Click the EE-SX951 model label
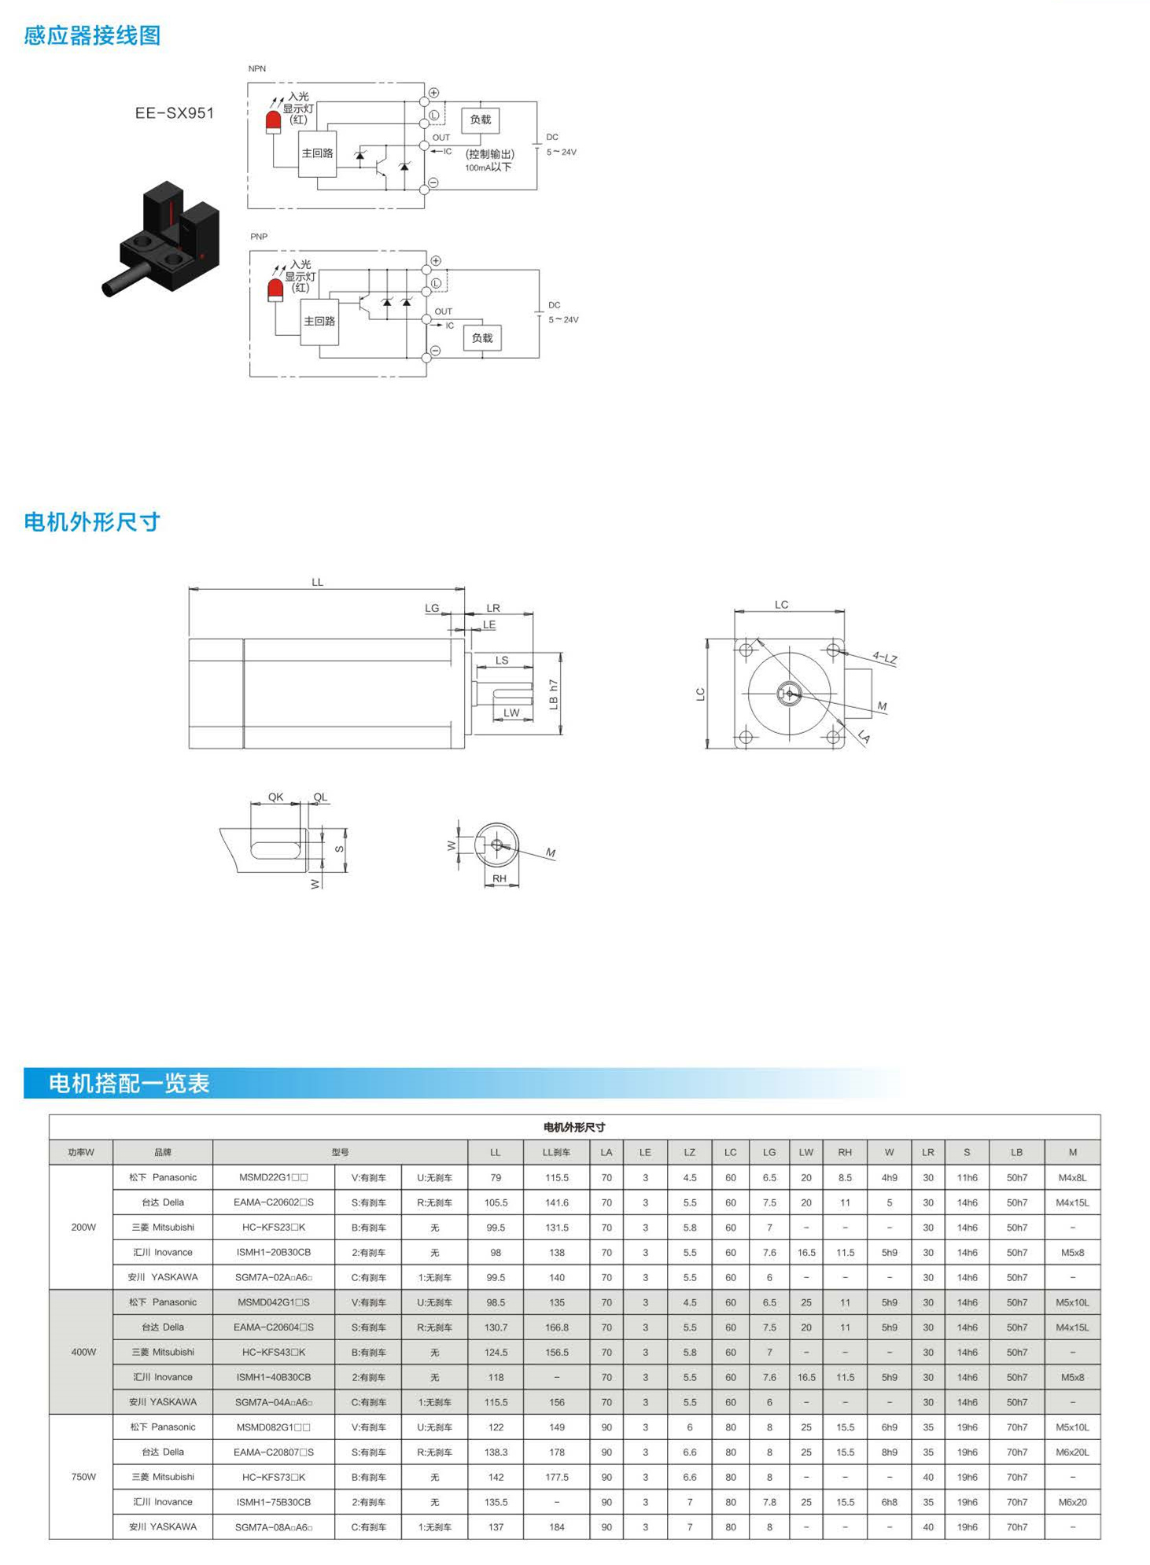pyautogui.click(x=174, y=112)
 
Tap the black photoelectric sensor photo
pyautogui.click(x=161, y=238)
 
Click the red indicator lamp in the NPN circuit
pyautogui.click(x=273, y=122)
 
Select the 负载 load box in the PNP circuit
pyautogui.click(x=481, y=338)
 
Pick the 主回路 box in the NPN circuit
pyautogui.click(x=317, y=153)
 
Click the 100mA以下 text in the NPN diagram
pyautogui.click(x=488, y=168)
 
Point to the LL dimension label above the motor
pyautogui.click(x=317, y=582)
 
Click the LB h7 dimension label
pyautogui.click(x=553, y=694)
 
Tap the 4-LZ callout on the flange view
pyautogui.click(x=885, y=657)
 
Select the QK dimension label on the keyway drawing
pyautogui.click(x=275, y=797)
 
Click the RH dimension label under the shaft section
pyautogui.click(x=499, y=878)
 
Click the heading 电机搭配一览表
pyautogui.click(x=129, y=1083)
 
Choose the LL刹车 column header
pyautogui.click(x=556, y=1152)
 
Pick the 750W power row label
pyautogui.click(x=83, y=1477)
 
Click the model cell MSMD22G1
pyautogui.click(x=273, y=1177)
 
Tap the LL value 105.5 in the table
pyautogui.click(x=496, y=1202)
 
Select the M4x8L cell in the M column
pyautogui.click(x=1072, y=1177)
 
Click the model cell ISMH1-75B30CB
pyautogui.click(x=273, y=1502)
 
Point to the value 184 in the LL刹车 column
pyautogui.click(x=556, y=1527)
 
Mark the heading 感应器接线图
pyautogui.click(x=92, y=35)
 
